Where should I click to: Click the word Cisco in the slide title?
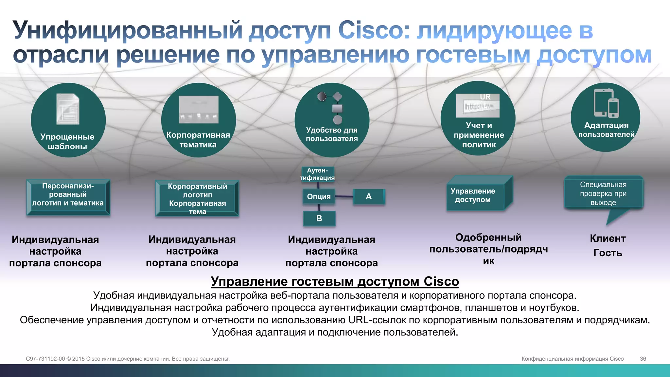(373, 30)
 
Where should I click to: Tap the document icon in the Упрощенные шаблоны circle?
(68, 109)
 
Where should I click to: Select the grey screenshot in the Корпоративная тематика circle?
(199, 109)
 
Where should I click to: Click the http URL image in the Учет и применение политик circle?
(478, 106)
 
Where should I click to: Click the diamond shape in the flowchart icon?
(337, 97)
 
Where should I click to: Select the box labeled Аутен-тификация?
(317, 174)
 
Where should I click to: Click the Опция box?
(319, 197)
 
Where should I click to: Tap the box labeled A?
(369, 197)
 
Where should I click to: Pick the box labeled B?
(319, 218)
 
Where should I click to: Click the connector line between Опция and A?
(344, 197)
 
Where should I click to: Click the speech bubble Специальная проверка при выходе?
(603, 193)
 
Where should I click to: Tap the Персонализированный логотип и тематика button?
(68, 197)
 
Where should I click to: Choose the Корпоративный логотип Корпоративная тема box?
(197, 199)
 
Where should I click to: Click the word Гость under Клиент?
(608, 253)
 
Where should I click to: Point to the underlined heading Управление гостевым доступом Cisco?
(335, 281)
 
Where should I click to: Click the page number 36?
(643, 359)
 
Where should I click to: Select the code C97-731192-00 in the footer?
(45, 359)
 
